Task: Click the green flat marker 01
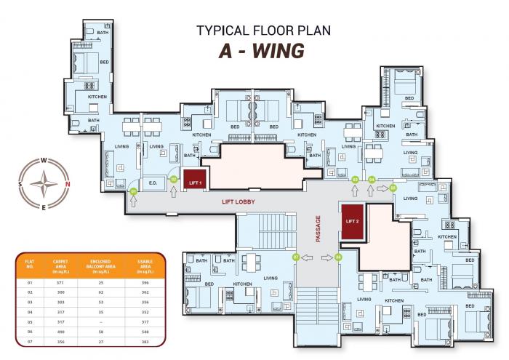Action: coord(133,191)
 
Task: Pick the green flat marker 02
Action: coord(174,178)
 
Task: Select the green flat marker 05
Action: coord(393,188)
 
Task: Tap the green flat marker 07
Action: coord(296,257)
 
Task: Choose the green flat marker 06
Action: coord(338,257)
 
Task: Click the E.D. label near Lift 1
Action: coord(153,182)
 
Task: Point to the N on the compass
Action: coord(67,183)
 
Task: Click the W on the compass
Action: coord(44,160)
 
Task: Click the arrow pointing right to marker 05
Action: coord(381,188)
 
